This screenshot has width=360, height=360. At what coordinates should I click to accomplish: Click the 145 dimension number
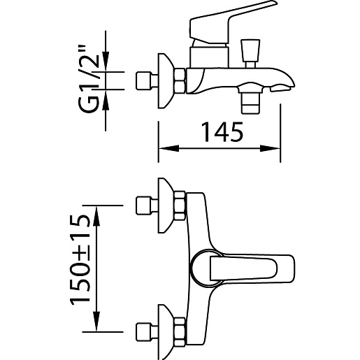tap(222, 132)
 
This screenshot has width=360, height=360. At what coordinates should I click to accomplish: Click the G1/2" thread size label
tap(89, 79)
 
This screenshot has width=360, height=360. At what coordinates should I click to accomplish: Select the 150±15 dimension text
tap(80, 260)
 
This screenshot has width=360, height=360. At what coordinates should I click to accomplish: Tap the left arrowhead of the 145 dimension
tap(168, 148)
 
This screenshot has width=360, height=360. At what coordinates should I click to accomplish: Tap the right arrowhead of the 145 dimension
tap(270, 148)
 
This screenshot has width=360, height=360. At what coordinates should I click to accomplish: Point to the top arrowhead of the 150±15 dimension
tap(96, 215)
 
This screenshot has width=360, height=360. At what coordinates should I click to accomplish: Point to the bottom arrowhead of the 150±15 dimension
tap(96, 322)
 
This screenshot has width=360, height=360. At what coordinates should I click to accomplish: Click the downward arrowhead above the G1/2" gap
tap(106, 62)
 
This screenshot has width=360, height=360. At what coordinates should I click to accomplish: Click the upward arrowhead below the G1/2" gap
tap(106, 100)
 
